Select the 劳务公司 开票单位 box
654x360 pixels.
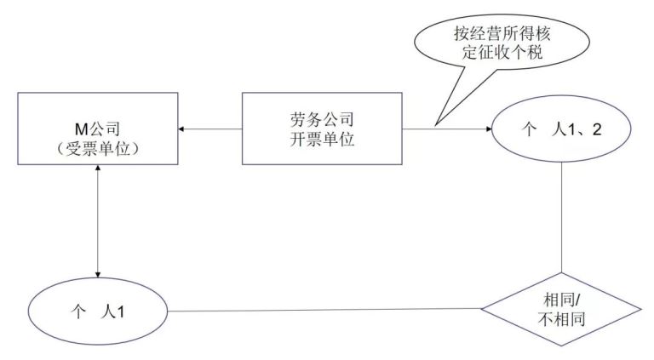tap(322, 129)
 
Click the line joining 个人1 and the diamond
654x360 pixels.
tap(324, 310)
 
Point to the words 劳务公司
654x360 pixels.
tap(322, 119)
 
